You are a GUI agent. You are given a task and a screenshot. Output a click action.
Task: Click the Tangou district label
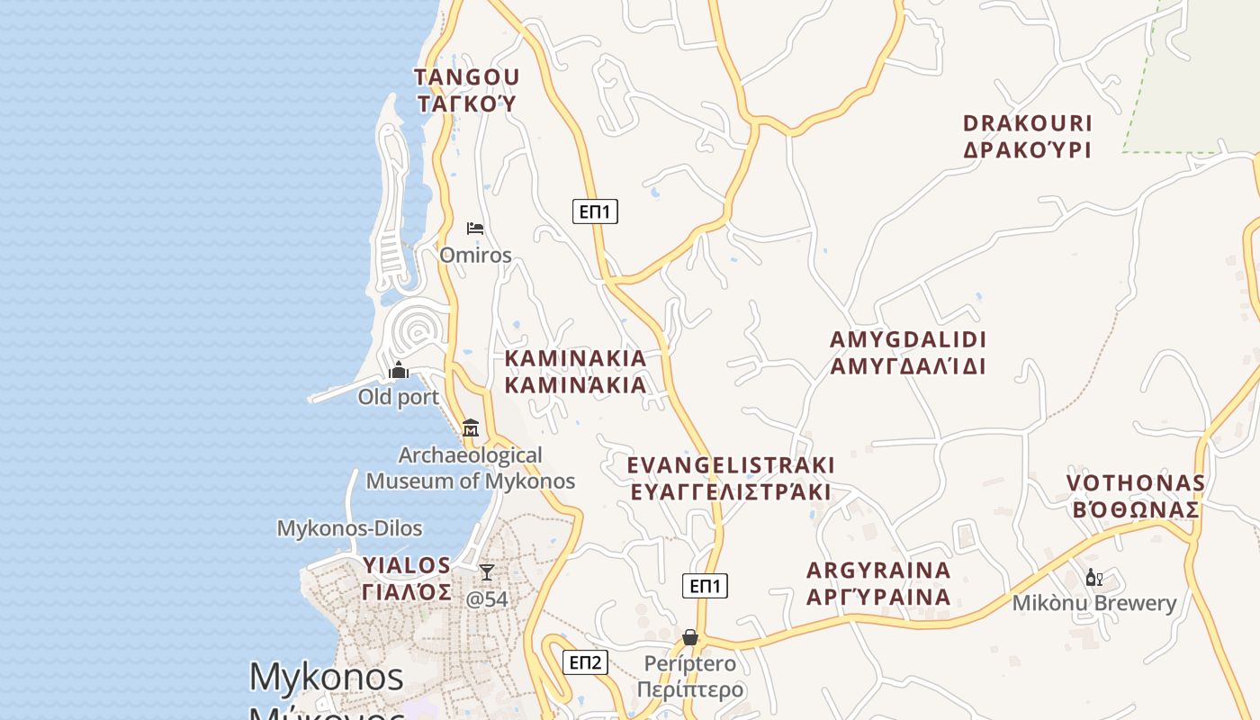click(467, 90)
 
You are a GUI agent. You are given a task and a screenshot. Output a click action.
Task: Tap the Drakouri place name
click(1027, 137)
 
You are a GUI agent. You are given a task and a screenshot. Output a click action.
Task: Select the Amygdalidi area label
click(908, 353)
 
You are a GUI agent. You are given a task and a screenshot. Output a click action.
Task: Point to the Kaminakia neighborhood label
click(575, 372)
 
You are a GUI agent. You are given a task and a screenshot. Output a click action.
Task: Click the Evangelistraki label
click(730, 479)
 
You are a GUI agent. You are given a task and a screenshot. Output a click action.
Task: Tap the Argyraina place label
click(878, 584)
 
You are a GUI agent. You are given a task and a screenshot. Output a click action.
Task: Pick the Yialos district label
click(407, 579)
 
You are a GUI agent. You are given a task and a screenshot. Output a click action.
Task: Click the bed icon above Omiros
click(475, 229)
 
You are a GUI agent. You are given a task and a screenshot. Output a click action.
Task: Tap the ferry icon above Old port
click(399, 370)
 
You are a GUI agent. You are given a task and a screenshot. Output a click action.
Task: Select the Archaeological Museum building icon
click(470, 427)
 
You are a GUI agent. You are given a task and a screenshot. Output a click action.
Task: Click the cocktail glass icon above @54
click(487, 572)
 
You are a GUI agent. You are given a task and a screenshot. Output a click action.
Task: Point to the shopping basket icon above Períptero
click(690, 637)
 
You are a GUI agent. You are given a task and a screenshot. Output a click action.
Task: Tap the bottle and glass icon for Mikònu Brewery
click(1093, 578)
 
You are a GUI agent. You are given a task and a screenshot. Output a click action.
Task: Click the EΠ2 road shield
click(585, 662)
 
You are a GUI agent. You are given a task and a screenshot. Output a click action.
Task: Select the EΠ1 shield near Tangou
click(595, 211)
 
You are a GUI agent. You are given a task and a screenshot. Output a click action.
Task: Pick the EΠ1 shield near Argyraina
click(705, 586)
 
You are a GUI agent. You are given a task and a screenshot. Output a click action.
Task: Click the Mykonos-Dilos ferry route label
click(349, 528)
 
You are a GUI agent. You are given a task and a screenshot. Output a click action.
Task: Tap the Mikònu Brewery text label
click(1094, 603)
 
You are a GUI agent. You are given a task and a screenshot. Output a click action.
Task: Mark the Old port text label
click(399, 397)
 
